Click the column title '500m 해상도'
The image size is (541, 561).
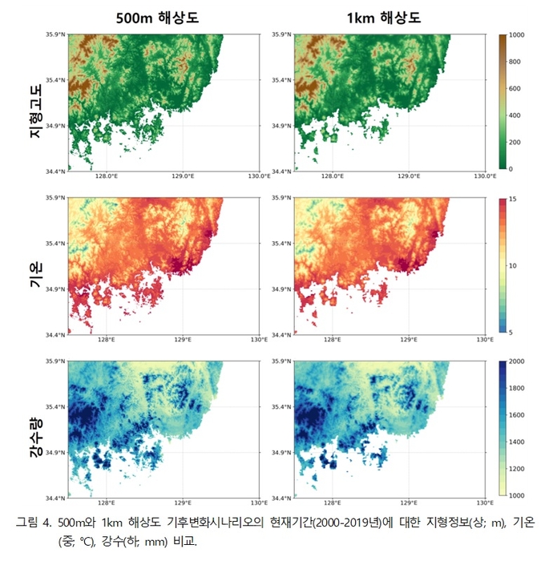click(157, 18)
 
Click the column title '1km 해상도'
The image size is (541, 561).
click(384, 18)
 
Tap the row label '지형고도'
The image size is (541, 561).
click(36, 111)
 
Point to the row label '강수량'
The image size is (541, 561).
click(36, 438)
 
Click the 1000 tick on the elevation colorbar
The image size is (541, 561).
click(517, 35)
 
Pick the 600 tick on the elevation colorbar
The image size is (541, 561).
click(515, 89)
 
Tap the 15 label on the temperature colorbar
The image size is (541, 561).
click(513, 199)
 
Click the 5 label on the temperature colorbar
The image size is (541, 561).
click(511, 333)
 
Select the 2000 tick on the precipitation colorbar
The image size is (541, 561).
click(517, 361)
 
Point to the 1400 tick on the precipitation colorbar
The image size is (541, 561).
click(517, 442)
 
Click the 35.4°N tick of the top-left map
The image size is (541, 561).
click(55, 80)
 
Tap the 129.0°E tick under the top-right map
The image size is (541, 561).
click(409, 176)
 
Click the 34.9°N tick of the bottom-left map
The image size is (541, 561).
click(55, 453)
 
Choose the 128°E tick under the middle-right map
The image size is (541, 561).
click(333, 339)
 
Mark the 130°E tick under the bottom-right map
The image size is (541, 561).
click(485, 502)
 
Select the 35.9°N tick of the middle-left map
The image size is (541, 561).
click(55, 198)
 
